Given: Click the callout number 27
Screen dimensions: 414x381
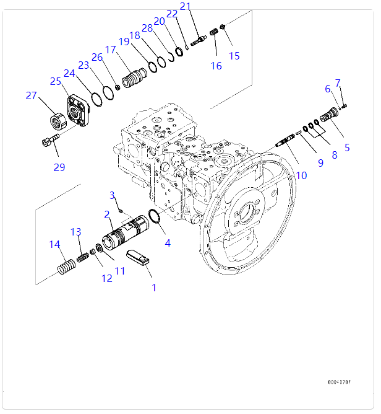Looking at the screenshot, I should point(31,95).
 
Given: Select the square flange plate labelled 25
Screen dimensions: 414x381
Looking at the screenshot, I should point(79,111).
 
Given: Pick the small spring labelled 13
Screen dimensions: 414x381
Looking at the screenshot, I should point(82,255).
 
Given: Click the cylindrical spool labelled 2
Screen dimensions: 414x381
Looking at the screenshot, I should point(127,233).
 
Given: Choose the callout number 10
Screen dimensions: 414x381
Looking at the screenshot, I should point(301,175).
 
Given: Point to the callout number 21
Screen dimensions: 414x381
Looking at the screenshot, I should point(186,7).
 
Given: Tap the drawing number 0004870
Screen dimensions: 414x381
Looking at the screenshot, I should point(340,382).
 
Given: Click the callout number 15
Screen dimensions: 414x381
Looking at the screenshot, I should point(234,56).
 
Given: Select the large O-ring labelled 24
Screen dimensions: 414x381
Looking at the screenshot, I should point(96,97).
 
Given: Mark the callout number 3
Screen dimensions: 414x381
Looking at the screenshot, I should point(113,196).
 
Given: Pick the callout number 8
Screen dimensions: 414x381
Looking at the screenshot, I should point(335,155).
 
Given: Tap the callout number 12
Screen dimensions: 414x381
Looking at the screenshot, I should point(107,278).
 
